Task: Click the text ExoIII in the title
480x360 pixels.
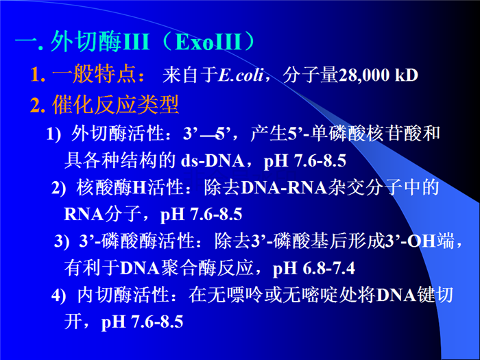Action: tap(208, 42)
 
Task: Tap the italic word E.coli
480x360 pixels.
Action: tap(241, 75)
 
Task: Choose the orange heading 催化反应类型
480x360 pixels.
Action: tap(115, 105)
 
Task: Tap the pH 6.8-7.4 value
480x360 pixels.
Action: tap(314, 269)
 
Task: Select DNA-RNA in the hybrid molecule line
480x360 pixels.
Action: tap(284, 188)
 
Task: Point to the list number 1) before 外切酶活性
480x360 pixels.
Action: tap(54, 134)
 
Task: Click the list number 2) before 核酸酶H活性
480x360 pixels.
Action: tap(59, 188)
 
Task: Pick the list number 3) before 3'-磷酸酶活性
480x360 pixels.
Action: tap(62, 241)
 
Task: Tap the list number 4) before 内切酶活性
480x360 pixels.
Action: tap(59, 296)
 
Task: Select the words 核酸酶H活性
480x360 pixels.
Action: tap(130, 188)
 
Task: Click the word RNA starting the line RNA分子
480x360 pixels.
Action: tap(84, 214)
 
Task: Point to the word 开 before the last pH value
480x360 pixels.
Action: tap(73, 322)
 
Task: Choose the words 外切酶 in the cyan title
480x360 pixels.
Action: tap(86, 41)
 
